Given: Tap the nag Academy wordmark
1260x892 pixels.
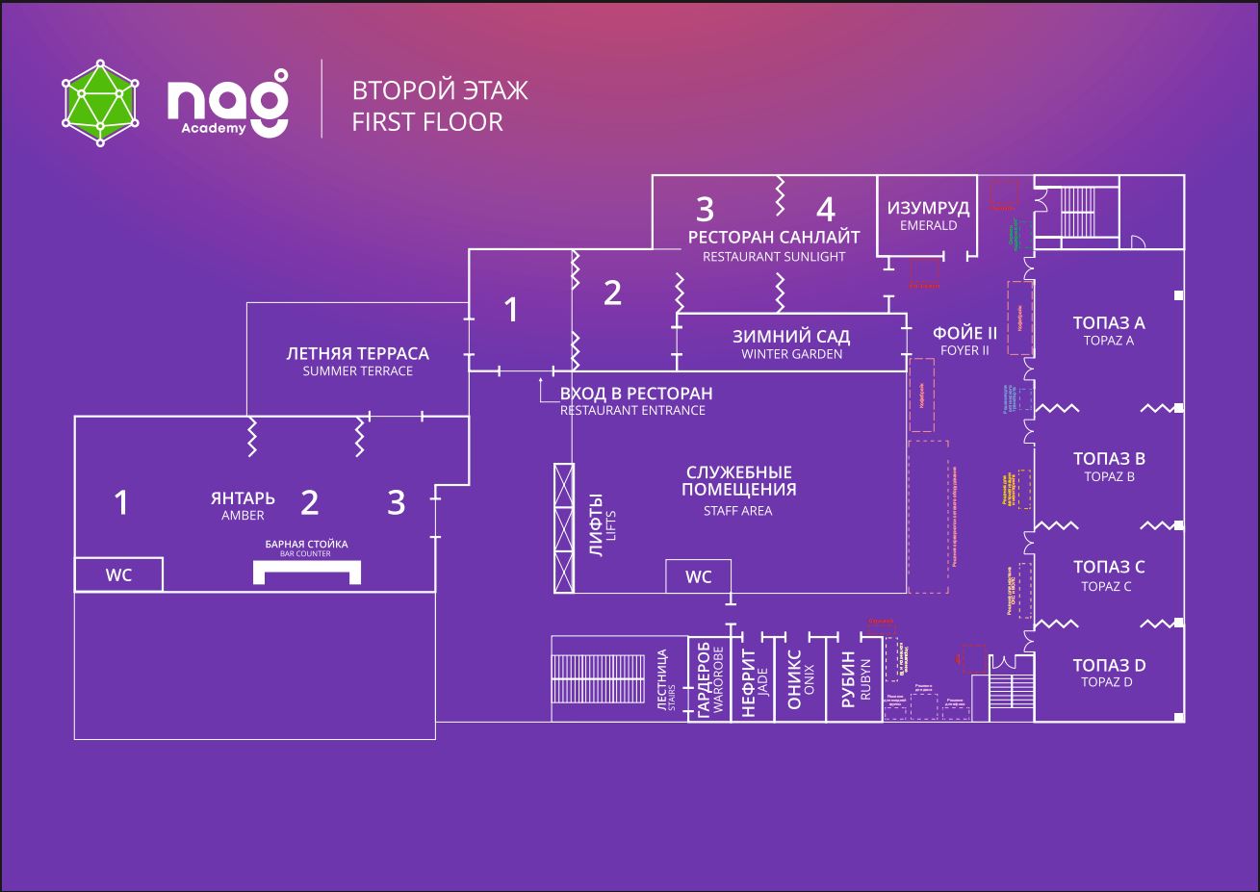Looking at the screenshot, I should [227, 102].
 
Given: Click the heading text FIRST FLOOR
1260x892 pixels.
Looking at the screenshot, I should [427, 122].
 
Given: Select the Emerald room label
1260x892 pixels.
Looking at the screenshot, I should [928, 216].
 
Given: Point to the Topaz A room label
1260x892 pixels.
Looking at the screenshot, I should [1109, 330].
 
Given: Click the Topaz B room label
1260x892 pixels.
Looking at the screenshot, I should [1109, 466].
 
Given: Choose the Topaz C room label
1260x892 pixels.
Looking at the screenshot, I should [1109, 574].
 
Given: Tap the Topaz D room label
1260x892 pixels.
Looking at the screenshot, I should [1109, 673].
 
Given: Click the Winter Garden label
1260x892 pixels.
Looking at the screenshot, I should [791, 344].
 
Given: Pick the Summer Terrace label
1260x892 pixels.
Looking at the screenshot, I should [357, 361].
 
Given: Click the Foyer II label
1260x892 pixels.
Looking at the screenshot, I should [964, 341].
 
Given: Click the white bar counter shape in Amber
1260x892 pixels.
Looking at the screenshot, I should [307, 571].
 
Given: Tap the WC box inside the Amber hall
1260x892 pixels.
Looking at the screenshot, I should [118, 575].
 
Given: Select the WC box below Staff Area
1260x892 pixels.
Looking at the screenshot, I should [698, 577].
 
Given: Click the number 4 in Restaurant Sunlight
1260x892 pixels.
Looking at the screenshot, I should [825, 209].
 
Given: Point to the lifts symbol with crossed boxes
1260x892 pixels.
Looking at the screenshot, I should [563, 527].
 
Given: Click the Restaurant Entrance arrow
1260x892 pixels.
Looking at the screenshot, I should [543, 388].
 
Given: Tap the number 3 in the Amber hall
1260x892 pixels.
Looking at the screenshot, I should [396, 502].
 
